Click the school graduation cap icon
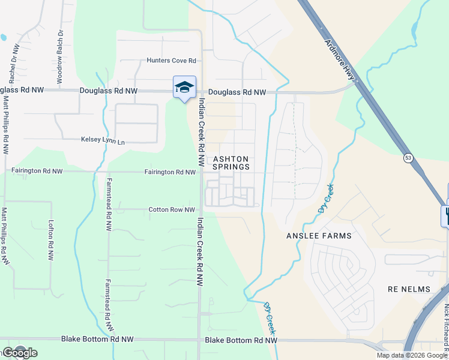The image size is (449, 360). (x=184, y=87)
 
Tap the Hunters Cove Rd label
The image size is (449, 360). (x=172, y=61)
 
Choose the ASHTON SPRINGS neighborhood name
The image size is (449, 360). (x=231, y=163)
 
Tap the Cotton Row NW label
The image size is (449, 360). (x=172, y=209)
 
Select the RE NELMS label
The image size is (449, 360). (x=408, y=289)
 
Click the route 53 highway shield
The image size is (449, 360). (x=408, y=158)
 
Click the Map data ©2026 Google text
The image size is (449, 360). (x=411, y=355)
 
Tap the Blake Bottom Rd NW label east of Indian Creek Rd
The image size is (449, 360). (x=241, y=340)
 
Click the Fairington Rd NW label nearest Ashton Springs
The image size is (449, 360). (x=170, y=172)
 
